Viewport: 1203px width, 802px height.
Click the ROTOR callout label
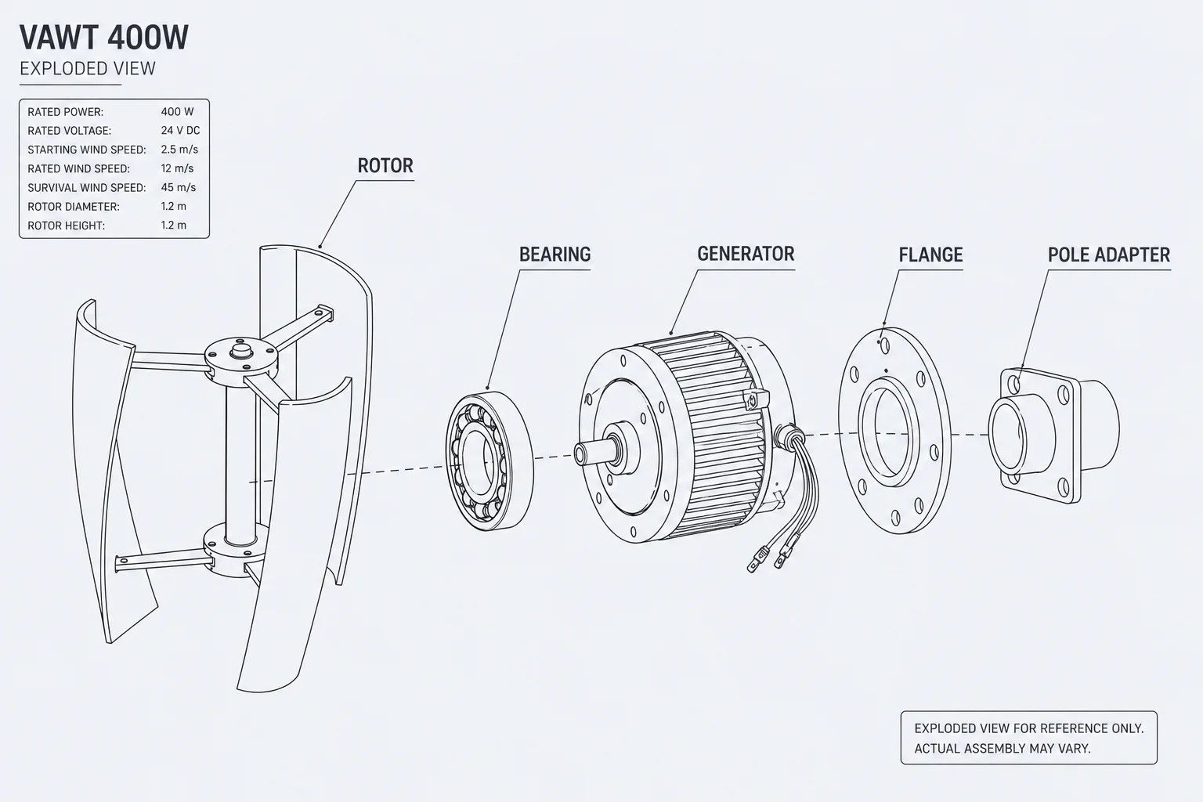385,165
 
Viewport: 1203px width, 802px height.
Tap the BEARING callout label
555,254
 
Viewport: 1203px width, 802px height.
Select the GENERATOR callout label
746,254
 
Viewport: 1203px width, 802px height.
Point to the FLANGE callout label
930,255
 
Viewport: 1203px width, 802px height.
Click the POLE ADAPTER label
1109,255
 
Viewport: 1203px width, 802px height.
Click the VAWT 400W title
104,38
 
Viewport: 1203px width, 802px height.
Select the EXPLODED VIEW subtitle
88,69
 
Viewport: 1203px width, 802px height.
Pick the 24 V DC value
180,131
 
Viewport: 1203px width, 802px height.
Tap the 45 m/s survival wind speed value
179,187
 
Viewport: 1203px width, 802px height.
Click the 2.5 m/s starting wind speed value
179,150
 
